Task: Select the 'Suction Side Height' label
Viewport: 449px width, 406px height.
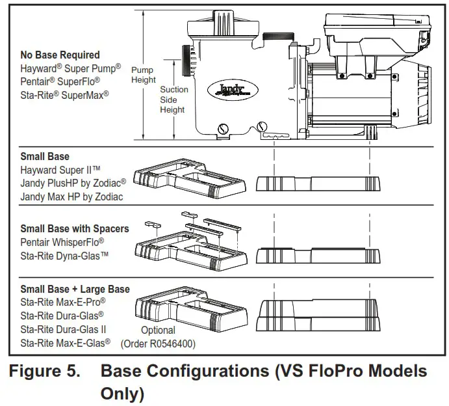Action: (x=173, y=100)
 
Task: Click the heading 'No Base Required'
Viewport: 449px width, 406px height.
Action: (x=60, y=55)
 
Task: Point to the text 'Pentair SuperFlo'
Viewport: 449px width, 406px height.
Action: (x=60, y=81)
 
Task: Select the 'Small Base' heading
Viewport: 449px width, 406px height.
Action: (x=45, y=157)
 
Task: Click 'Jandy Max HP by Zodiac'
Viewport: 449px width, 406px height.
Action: (x=71, y=196)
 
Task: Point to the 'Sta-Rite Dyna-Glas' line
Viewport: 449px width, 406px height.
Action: (x=64, y=255)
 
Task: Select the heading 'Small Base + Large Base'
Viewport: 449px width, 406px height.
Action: (x=75, y=290)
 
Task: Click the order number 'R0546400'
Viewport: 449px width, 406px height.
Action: (x=172, y=343)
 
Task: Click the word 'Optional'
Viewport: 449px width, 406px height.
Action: (x=158, y=330)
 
